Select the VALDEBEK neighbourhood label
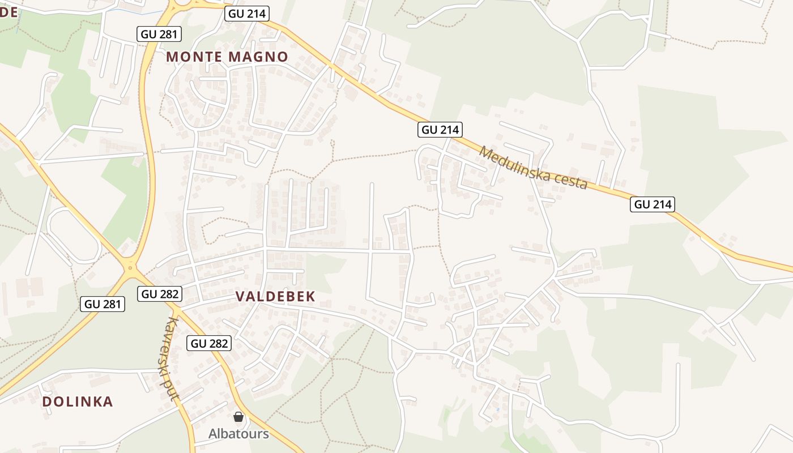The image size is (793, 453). click(275, 296)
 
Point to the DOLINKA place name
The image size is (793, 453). click(78, 401)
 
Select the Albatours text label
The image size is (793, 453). click(238, 434)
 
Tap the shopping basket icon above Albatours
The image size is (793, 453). click(238, 417)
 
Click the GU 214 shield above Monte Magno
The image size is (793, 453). click(246, 14)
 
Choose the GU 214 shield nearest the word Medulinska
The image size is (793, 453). click(440, 130)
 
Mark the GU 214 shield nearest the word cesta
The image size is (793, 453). click(653, 204)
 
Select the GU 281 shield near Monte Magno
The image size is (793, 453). click(159, 34)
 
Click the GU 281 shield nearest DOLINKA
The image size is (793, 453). click(103, 304)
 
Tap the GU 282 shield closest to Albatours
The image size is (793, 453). click(209, 343)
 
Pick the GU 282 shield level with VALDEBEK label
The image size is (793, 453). click(160, 294)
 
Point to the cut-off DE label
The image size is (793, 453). click(8, 12)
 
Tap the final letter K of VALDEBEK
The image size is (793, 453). click(310, 296)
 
